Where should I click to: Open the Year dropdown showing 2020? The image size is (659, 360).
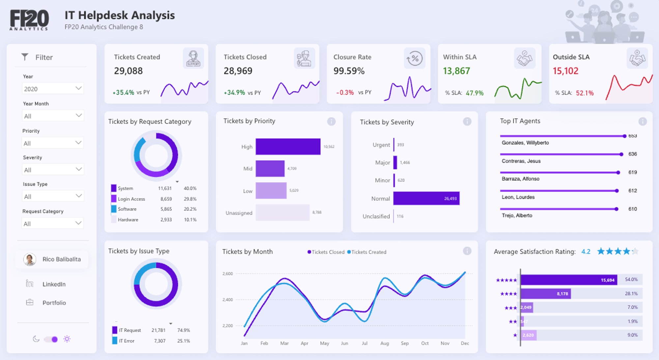pos(52,89)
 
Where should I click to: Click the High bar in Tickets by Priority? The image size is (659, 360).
pos(288,147)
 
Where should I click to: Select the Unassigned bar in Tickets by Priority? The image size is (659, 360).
pos(282,213)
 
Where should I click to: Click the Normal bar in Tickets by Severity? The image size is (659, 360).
pos(426,198)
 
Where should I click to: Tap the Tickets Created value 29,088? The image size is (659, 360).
pos(128,71)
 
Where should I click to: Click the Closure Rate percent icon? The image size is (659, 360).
pos(415,59)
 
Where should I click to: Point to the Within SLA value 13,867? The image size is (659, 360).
pos(456,71)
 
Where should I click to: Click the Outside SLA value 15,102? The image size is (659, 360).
pos(565,71)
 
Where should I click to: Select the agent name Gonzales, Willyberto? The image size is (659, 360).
pos(525,143)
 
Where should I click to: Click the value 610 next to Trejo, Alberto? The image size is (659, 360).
pos(632,209)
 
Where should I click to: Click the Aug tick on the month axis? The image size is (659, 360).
pos(385,343)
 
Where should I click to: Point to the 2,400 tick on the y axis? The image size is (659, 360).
pos(227,300)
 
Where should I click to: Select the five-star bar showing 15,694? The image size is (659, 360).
pos(568,280)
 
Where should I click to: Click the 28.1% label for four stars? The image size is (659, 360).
pos(631,293)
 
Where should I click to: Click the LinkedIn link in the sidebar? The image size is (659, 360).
pos(54,284)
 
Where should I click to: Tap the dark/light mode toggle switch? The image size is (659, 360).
pos(51,339)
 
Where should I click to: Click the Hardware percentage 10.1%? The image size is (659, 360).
pos(190,220)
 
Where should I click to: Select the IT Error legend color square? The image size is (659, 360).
pos(115,341)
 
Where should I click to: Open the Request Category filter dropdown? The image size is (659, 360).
pos(52,224)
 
